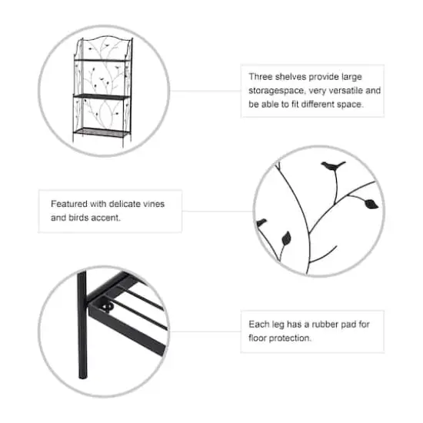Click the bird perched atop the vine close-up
click(333, 165)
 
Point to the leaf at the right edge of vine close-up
click(371, 204)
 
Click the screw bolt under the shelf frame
click(108, 308)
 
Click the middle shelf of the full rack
click(102, 96)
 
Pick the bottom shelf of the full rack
click(101, 132)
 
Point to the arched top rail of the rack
click(105, 38)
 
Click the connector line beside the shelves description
click(205, 91)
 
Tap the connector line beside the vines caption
click(218, 211)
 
